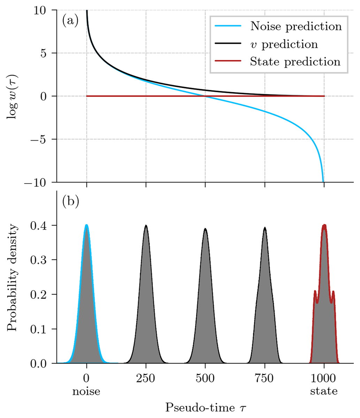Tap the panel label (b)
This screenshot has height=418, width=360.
tap(70, 202)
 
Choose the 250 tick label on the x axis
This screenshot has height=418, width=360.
tap(146, 378)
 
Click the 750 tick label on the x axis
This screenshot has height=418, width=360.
tap(265, 378)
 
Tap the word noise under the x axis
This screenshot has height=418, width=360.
tap(86, 391)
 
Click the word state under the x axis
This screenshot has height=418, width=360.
tap(324, 391)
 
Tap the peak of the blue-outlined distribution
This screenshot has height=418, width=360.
tap(86, 225)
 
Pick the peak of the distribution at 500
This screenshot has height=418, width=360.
tap(205, 229)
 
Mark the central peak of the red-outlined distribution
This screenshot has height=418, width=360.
tap(324, 225)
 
